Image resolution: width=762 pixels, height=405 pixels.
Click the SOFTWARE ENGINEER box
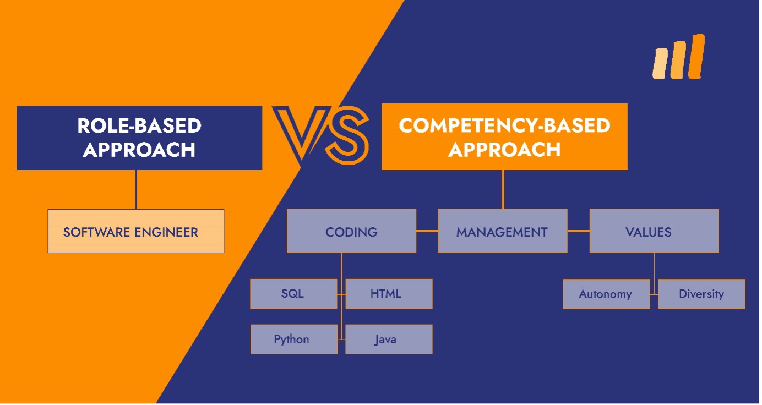coord(136,231)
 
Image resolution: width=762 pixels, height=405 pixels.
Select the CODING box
coord(351,231)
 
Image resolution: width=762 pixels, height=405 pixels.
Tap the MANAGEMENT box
coord(503,231)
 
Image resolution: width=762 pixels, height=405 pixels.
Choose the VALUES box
coord(654,231)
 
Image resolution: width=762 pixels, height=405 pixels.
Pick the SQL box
coord(293,294)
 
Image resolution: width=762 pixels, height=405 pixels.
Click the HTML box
coord(389,294)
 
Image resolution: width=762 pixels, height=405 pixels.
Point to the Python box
coord(294,340)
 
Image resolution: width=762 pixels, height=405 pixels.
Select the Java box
coord(389,340)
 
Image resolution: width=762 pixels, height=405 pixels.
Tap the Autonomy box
coord(607,294)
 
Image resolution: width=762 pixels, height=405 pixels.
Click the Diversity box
coord(702,294)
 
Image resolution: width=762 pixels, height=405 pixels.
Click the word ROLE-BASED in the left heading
coord(139,125)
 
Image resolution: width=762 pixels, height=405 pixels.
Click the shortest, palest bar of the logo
coord(660,64)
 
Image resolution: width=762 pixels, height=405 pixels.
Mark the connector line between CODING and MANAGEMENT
coord(427,231)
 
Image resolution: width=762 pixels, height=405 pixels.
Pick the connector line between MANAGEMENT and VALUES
coord(578,231)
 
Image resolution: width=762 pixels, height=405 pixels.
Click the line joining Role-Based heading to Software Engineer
coord(136,189)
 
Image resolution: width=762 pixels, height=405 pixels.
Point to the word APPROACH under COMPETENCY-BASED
coord(504,149)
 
